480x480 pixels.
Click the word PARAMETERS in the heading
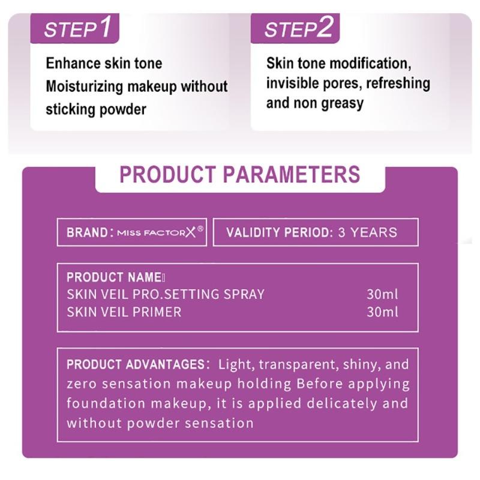click(x=292, y=174)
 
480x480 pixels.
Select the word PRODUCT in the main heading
click(x=167, y=174)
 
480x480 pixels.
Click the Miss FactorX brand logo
click(x=160, y=232)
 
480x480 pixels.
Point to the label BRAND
click(x=88, y=232)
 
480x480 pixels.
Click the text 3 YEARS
click(x=367, y=232)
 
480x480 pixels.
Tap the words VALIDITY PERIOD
click(x=278, y=232)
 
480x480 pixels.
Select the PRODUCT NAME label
click(x=113, y=277)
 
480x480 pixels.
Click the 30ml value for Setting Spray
click(x=382, y=295)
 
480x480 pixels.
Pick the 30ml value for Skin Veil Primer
click(x=382, y=312)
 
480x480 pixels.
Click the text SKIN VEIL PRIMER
click(x=124, y=312)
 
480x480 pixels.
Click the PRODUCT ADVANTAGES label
click(x=136, y=364)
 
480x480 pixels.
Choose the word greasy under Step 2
click(x=342, y=103)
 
